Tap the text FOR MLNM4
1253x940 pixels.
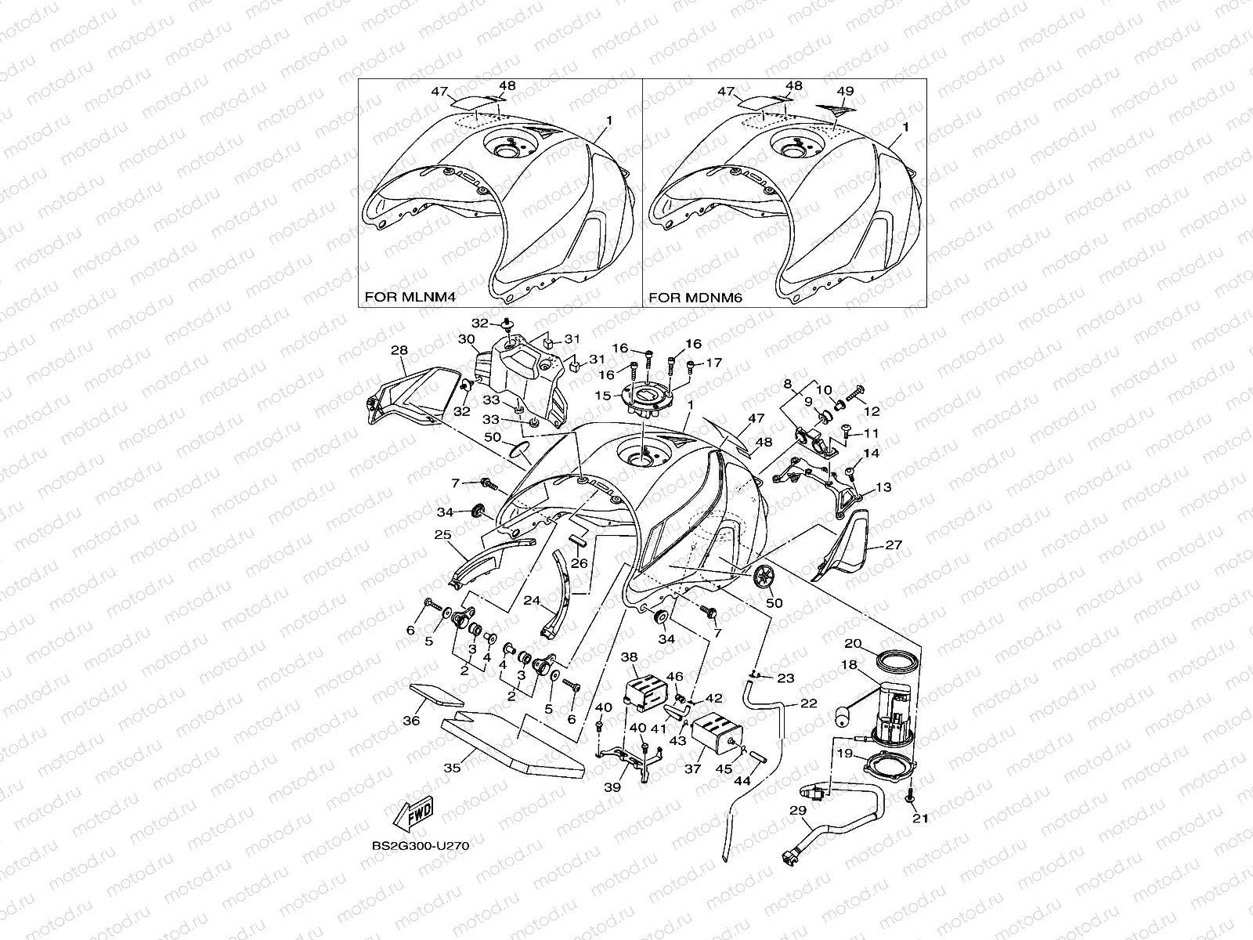(x=410, y=298)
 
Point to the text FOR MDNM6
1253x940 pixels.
(x=695, y=298)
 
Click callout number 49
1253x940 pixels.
(x=844, y=91)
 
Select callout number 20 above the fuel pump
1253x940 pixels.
(x=853, y=643)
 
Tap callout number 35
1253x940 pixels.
(x=452, y=768)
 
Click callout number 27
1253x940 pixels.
(x=894, y=544)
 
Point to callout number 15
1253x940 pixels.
(x=602, y=396)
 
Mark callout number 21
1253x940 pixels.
(x=920, y=819)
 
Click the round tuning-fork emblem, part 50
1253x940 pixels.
(x=763, y=579)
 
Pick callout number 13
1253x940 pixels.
(x=883, y=487)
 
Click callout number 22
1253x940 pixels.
(x=808, y=703)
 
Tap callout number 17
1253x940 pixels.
(x=713, y=363)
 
